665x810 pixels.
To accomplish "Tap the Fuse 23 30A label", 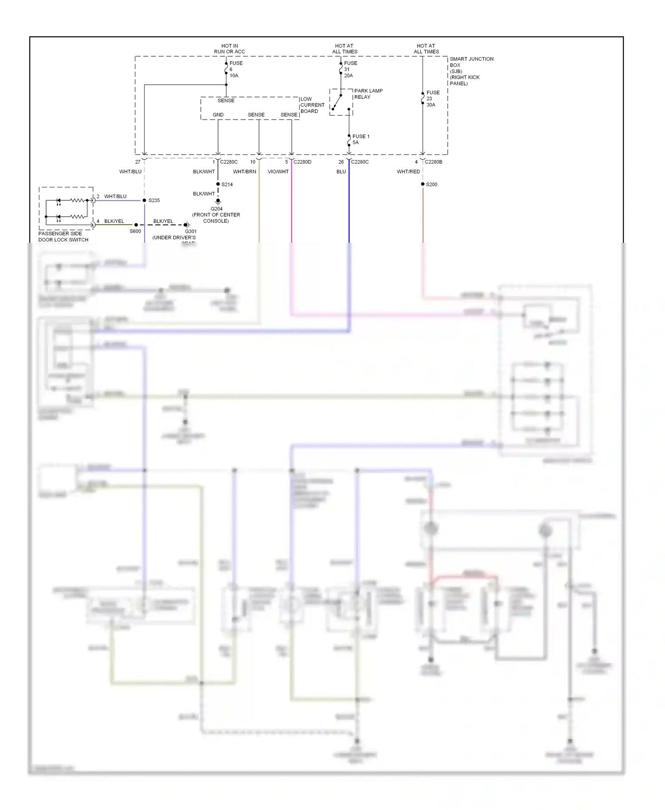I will point(432,99).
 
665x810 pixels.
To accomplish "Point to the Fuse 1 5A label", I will point(360,139).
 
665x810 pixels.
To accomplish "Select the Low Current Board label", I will point(312,105).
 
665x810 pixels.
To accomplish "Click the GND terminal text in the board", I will point(218,115).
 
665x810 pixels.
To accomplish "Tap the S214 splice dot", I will point(218,184).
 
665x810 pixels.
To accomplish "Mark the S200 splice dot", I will point(422,184).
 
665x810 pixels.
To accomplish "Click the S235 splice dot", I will point(145,200).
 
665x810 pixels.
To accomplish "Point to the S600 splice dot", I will point(136,225).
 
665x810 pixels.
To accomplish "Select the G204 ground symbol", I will point(218,202).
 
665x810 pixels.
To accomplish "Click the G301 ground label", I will point(191,231).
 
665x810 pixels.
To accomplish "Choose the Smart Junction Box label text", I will point(471,71).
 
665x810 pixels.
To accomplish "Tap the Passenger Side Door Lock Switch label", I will point(63,237).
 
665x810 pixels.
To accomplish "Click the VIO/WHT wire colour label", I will point(278,171).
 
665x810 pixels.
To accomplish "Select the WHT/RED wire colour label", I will point(408,171).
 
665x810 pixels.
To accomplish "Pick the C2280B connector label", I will point(433,162).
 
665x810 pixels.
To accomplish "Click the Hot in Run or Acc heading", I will point(229,49).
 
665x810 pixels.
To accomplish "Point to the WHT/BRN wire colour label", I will point(244,171).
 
